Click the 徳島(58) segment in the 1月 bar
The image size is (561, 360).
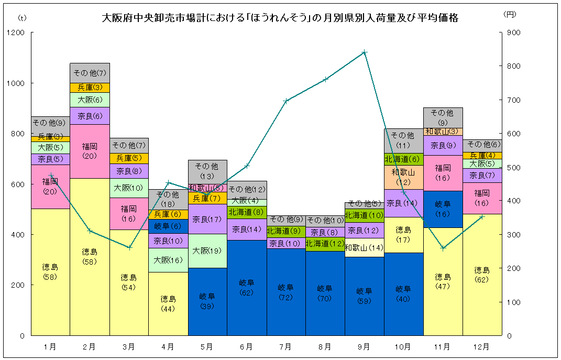50,271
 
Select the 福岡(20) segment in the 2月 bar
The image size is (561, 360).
90,151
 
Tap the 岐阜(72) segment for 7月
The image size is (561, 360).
285,292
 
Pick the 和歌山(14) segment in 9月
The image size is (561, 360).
364,247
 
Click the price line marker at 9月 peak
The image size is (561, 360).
365,52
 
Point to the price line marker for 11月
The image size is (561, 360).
443,248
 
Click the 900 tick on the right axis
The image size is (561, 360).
513,32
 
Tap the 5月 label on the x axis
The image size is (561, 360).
207,346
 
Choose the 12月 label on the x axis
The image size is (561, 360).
481,346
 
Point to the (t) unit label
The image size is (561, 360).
22,17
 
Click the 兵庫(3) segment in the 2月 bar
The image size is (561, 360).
90,88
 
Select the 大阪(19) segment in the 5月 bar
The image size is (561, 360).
207,250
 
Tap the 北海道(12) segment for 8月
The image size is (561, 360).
325,244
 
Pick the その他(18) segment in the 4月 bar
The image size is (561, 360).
168,199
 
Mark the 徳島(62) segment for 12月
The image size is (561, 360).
481,274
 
